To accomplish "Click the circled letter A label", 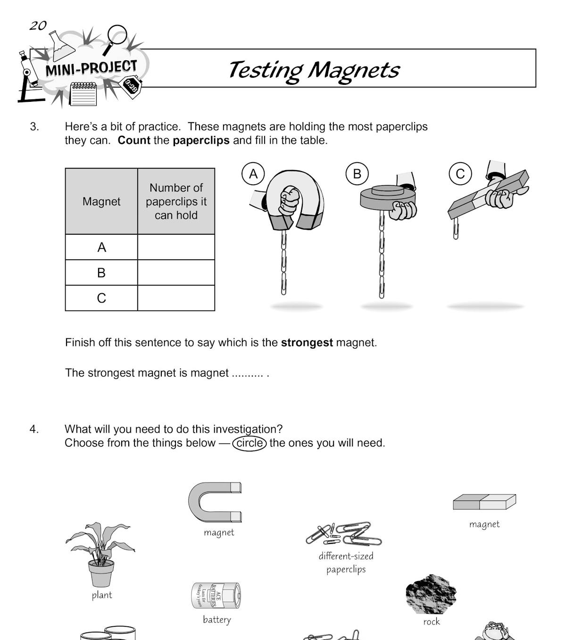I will click(x=253, y=174).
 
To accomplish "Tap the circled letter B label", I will click(x=357, y=174).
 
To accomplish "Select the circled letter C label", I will click(x=460, y=174).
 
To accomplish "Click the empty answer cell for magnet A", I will click(x=176, y=247).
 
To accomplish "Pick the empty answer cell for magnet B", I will click(x=176, y=272).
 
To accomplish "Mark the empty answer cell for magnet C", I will click(x=176, y=298).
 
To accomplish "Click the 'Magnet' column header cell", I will click(x=101, y=201).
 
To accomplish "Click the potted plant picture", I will click(x=100, y=554).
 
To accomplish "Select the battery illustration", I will click(x=216, y=595).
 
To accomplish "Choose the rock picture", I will click(x=431, y=594).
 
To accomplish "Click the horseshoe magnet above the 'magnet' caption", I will click(x=215, y=502).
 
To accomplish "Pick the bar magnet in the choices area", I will click(x=484, y=502).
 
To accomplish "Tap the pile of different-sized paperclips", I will click(x=344, y=533).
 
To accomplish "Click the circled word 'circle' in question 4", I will click(x=250, y=443).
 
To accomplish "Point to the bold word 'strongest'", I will click(x=307, y=343).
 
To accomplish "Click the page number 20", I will click(x=38, y=25).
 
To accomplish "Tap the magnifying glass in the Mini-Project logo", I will click(x=116, y=35).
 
